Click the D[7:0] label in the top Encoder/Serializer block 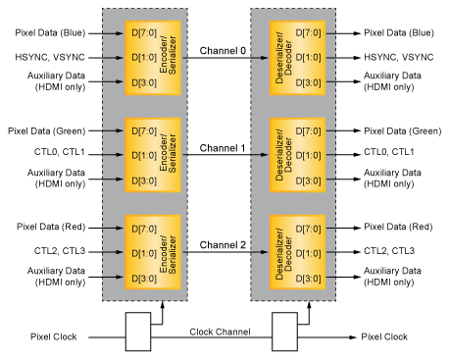click(x=143, y=33)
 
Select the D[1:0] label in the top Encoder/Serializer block click(x=143, y=58)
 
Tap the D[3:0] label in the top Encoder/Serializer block click(x=143, y=82)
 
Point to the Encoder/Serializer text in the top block click(x=169, y=58)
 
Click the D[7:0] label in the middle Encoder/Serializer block click(x=143, y=131)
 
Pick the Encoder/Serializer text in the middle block click(x=169, y=155)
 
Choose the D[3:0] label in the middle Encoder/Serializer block click(x=143, y=180)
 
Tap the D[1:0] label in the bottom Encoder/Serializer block click(x=143, y=253)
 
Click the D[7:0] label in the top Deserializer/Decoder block click(x=310, y=33)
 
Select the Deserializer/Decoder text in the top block click(x=284, y=58)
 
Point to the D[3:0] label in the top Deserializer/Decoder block click(x=310, y=82)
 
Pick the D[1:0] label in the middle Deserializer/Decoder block click(x=310, y=155)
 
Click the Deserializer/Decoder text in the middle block click(x=284, y=155)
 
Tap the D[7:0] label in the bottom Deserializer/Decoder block click(x=310, y=229)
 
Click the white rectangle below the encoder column click(x=138, y=332)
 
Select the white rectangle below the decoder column click(x=284, y=332)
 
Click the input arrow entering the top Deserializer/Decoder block click(x=261, y=58)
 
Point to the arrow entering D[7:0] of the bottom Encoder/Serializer click(x=114, y=229)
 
